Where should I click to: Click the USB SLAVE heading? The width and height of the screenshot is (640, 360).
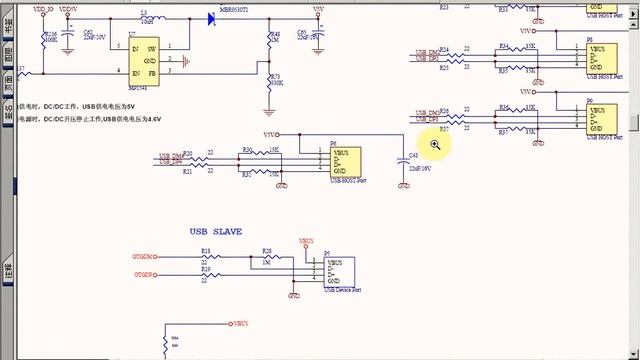click(217, 231)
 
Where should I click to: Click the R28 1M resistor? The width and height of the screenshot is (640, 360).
click(266, 257)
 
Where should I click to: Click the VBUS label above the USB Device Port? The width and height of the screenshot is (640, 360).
click(306, 241)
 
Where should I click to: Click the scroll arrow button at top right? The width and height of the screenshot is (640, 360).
click(631, 5)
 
